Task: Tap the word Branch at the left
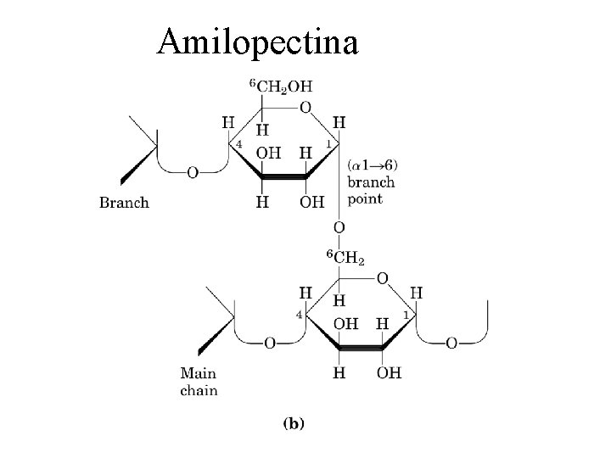point(124,202)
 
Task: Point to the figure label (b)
point(293,422)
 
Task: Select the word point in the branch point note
point(365,198)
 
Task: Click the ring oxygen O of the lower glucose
point(382,277)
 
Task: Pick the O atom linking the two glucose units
point(339,227)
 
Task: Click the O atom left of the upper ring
point(193,172)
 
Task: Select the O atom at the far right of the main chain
point(451,343)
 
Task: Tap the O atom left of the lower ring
point(270,343)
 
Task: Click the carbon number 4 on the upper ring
point(239,145)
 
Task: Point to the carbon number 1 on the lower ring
point(406,316)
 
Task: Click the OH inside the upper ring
point(269,153)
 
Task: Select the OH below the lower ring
point(389,371)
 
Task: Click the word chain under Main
point(199,391)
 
